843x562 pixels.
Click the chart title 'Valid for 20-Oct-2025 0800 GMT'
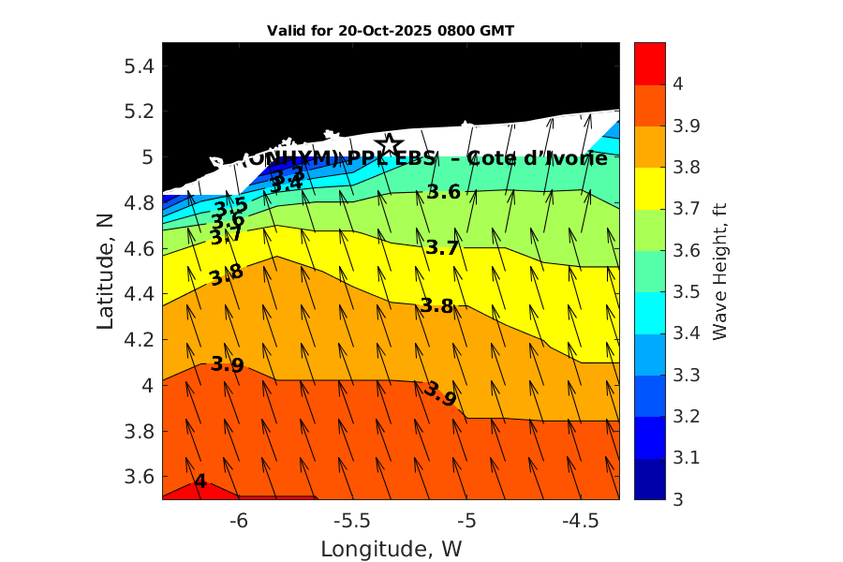pos(391,31)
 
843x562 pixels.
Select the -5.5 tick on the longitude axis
pos(352,519)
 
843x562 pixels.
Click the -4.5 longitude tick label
pos(582,519)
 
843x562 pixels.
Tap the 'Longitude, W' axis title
pos(391,548)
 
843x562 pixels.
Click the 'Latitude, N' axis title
pos(106,270)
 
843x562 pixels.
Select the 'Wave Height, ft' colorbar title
pos(720,270)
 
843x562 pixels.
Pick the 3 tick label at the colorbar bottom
pos(677,499)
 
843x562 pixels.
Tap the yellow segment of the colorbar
pos(650,188)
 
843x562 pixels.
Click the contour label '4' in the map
pos(200,481)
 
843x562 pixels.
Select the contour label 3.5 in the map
pos(230,206)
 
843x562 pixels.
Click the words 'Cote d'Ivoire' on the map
pos(537,158)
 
